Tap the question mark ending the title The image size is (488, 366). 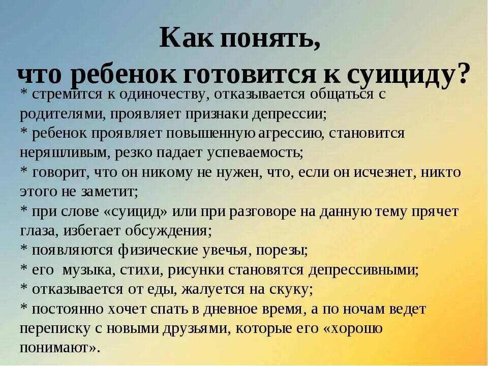[x=463, y=75]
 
